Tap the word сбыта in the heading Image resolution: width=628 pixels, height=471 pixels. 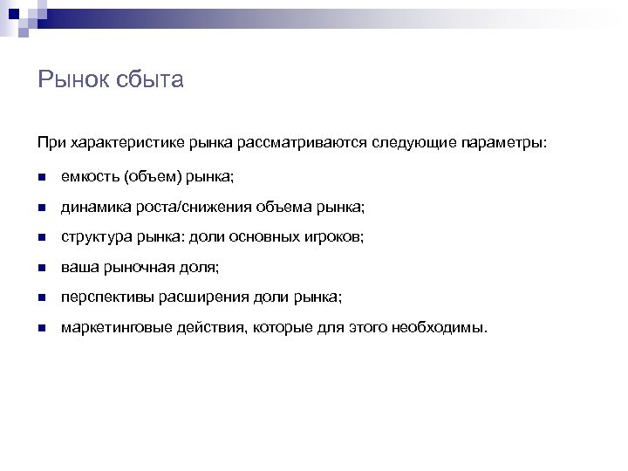tap(154, 81)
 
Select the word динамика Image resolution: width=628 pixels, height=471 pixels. tap(94, 207)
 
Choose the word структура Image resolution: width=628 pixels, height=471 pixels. tap(95, 237)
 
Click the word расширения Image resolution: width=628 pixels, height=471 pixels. tap(200, 297)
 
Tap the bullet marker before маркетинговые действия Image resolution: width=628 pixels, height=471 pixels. tap(42, 329)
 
